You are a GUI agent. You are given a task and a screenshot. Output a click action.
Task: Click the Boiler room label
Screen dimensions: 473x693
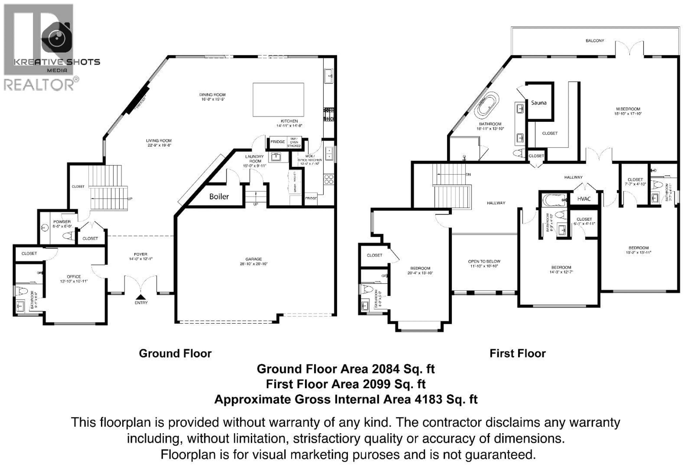click(219, 197)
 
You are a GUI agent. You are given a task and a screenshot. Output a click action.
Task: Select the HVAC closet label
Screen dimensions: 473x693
click(584, 199)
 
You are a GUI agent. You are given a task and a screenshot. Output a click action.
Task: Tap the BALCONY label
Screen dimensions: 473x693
click(595, 41)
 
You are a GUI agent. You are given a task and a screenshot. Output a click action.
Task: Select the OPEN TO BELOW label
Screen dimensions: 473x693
click(484, 261)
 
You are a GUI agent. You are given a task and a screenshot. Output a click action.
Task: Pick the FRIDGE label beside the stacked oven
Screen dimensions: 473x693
click(277, 142)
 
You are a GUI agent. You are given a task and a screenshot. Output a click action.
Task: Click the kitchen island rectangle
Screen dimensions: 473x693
click(278, 100)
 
